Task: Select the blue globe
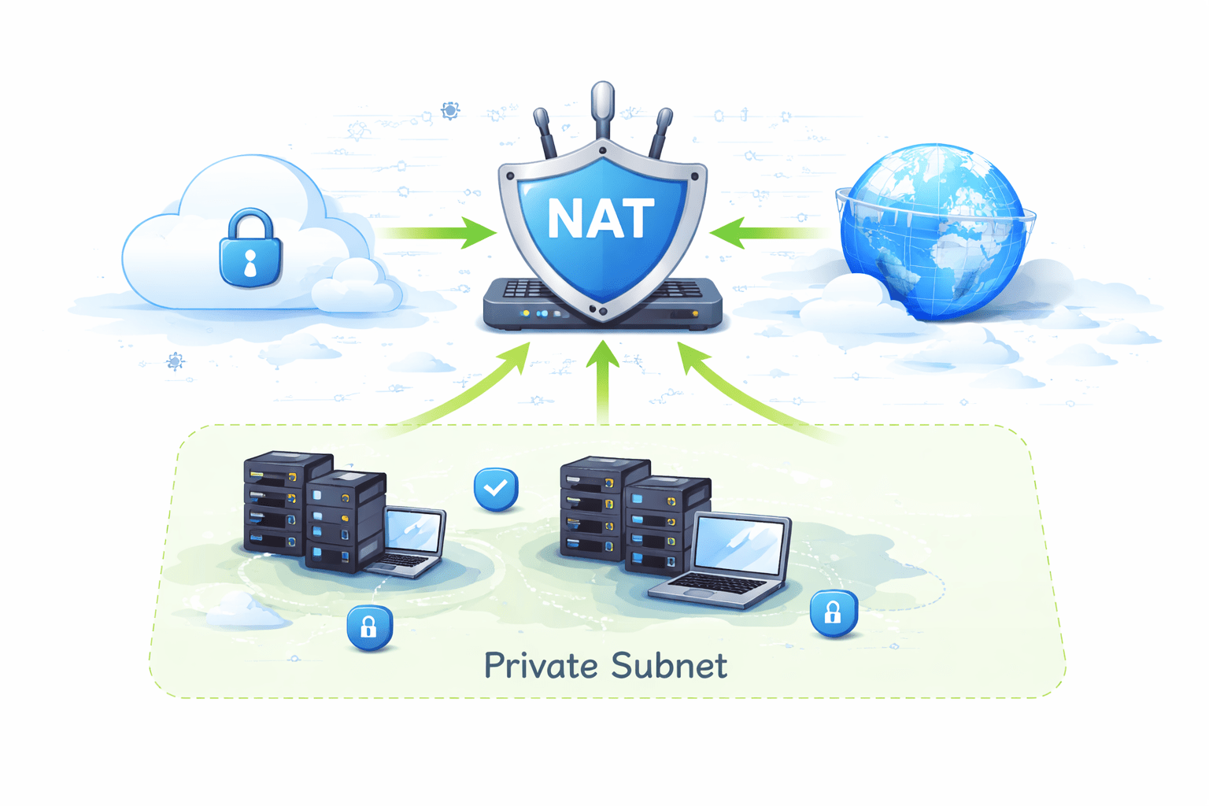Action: pyautogui.click(x=933, y=232)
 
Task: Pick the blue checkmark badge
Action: pyautogui.click(x=496, y=489)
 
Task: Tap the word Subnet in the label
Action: pyautogui.click(x=668, y=666)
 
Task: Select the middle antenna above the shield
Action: pyautogui.click(x=603, y=110)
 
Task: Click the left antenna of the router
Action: pyautogui.click(x=545, y=132)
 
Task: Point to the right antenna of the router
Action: pyautogui.click(x=660, y=132)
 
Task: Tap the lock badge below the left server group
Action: pyautogui.click(x=369, y=627)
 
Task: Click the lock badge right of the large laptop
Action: pyautogui.click(x=833, y=612)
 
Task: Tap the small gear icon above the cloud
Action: pyautogui.click(x=450, y=110)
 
